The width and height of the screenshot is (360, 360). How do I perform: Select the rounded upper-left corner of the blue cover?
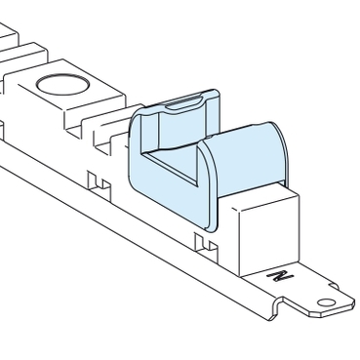point(137,117)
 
